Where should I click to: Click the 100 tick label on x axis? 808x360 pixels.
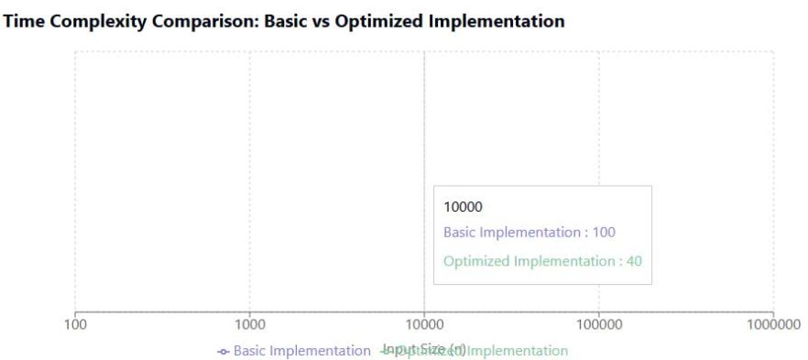tap(75, 325)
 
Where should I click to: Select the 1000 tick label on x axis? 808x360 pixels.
tap(249, 325)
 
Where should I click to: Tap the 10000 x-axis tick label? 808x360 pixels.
tap(424, 325)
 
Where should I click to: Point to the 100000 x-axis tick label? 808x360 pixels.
tap(598, 325)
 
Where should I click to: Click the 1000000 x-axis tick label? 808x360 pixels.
tap(772, 325)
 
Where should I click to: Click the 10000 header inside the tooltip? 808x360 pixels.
tap(463, 207)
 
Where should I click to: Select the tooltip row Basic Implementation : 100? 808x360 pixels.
tap(530, 233)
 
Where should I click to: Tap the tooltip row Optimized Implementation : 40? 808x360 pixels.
tap(542, 261)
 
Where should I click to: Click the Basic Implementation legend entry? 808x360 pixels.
tap(301, 351)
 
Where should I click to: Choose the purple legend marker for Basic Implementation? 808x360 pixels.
tap(224, 352)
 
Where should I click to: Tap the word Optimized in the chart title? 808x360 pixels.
tap(377, 21)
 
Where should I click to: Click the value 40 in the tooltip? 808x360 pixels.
tap(634, 261)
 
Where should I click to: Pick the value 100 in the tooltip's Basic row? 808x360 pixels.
tap(604, 233)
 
